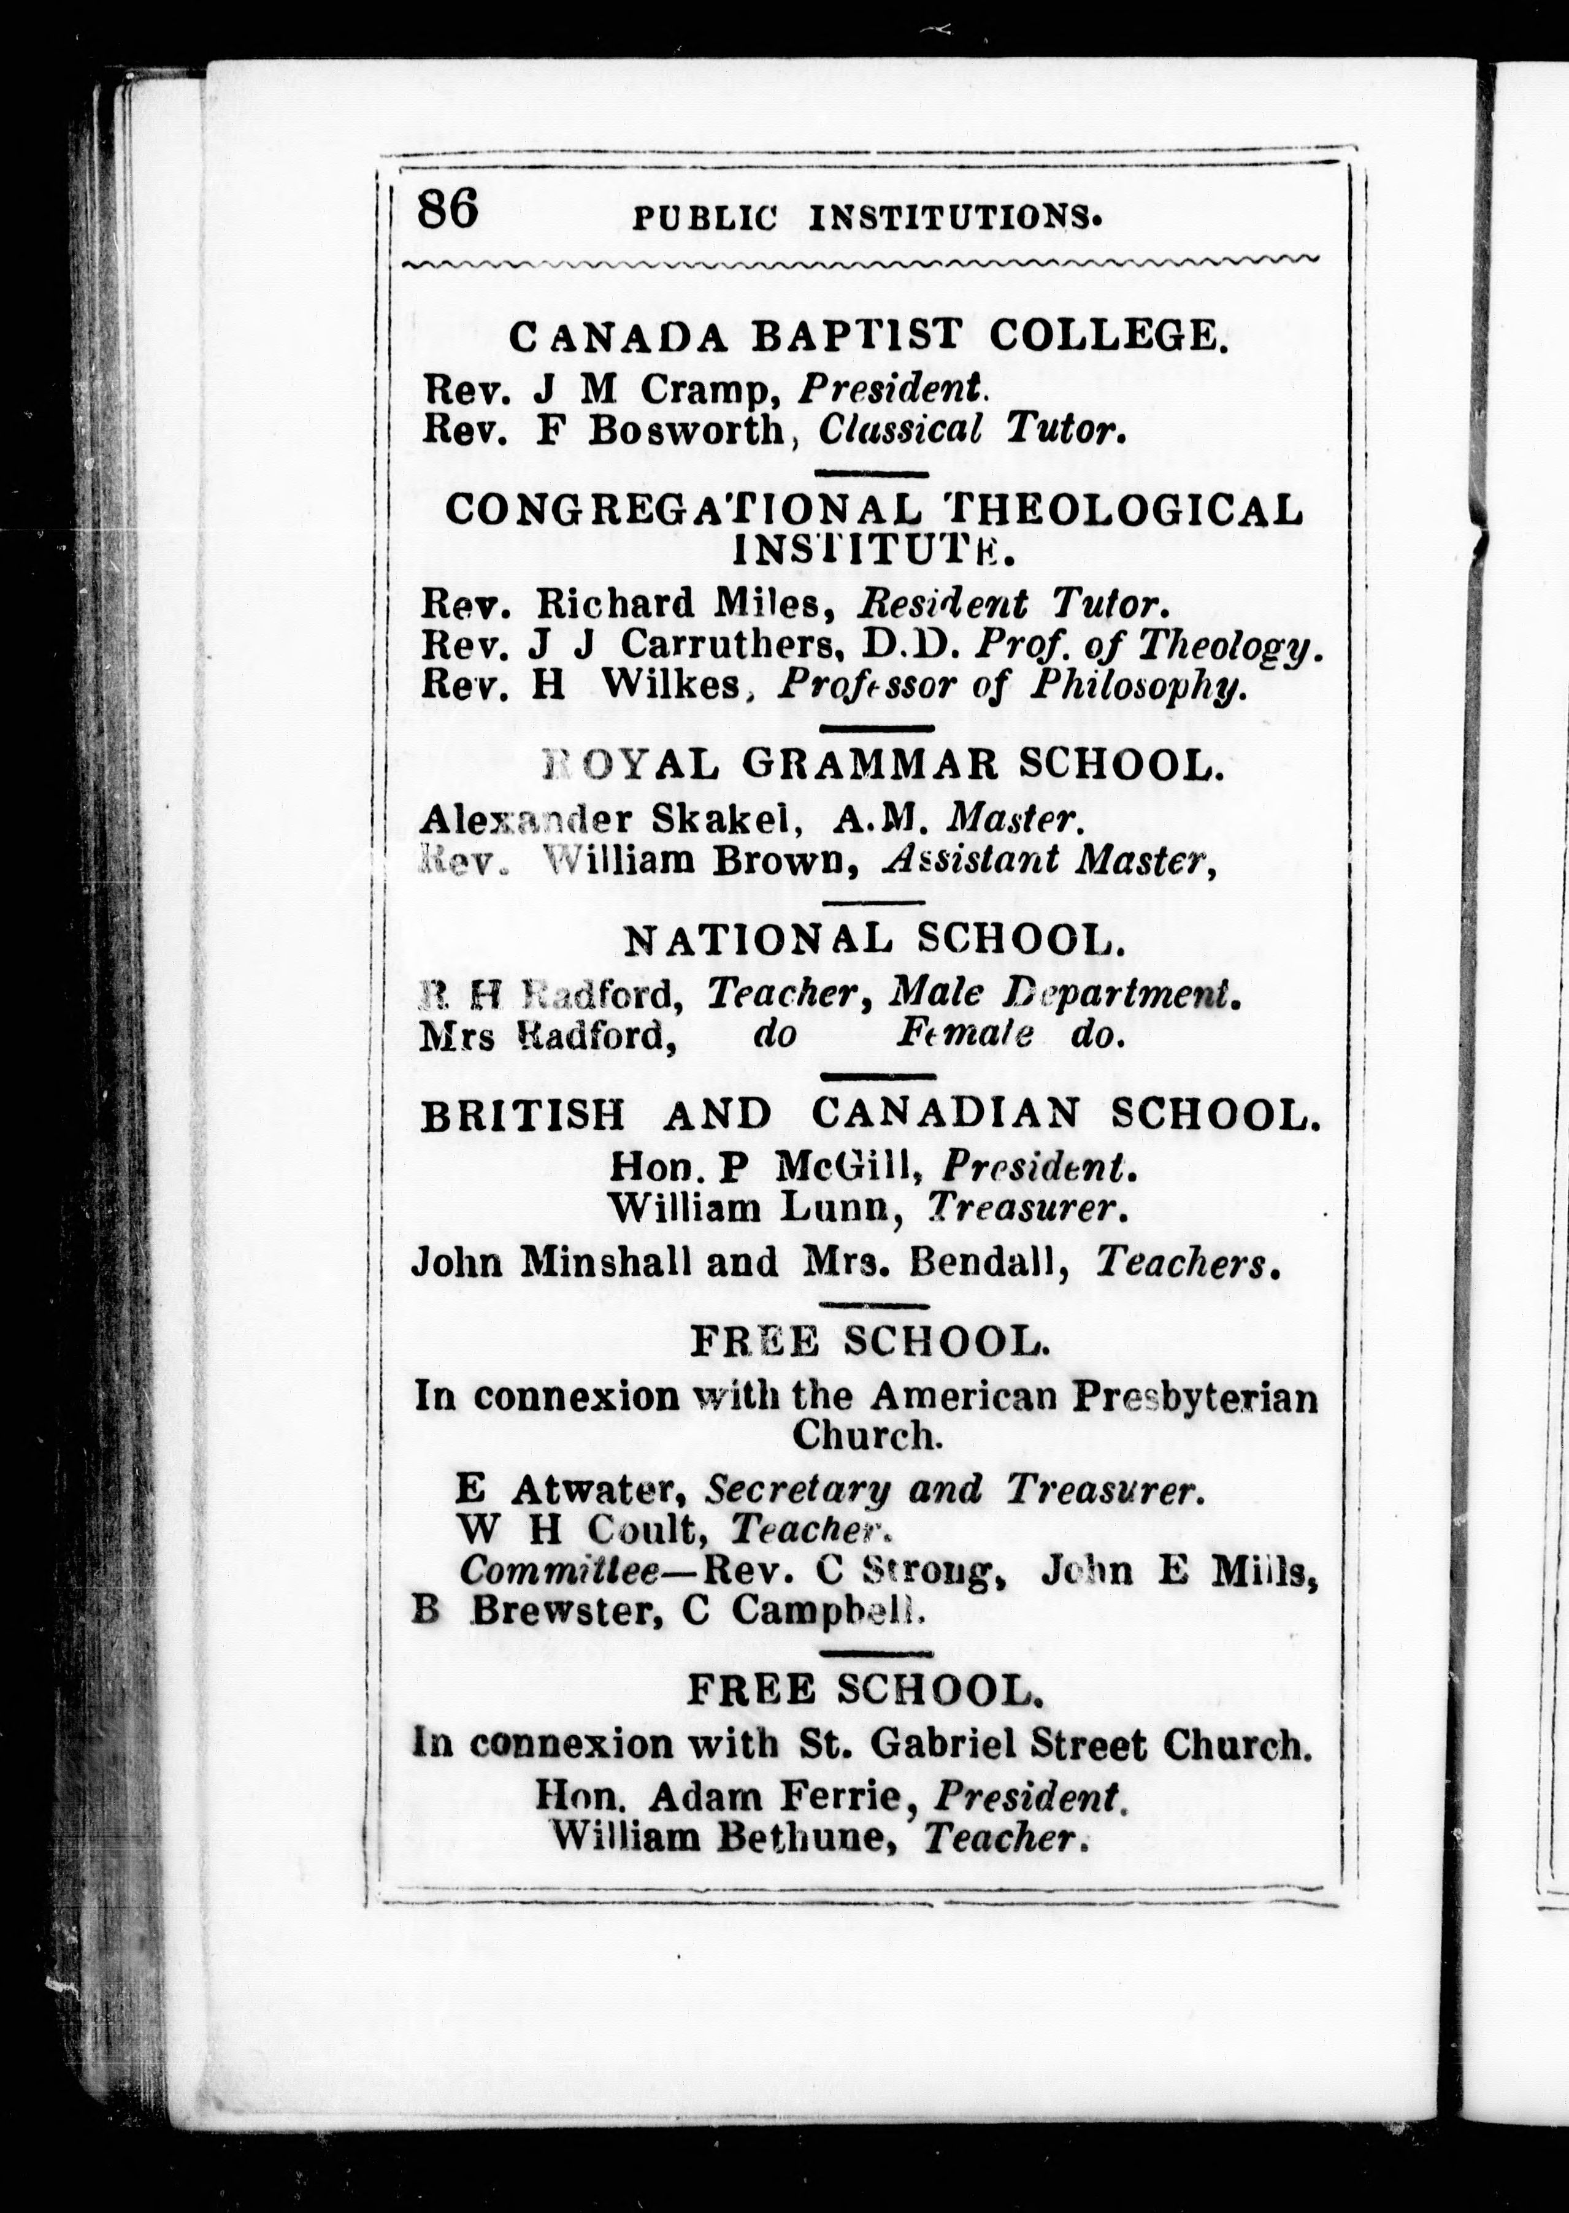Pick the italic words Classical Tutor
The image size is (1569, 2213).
click(972, 429)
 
